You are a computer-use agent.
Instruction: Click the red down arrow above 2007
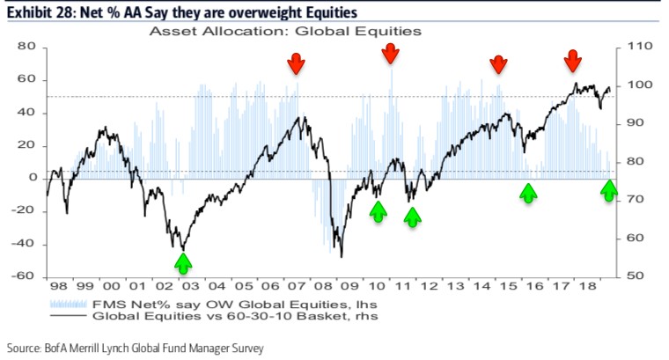tap(296, 62)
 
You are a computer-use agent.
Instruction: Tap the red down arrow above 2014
tap(498, 63)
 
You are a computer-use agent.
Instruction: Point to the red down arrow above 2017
tap(572, 61)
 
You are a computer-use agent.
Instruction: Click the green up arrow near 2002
tap(182, 261)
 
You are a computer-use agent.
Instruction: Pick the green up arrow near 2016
tap(527, 193)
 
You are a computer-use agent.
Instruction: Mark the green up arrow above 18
tap(609, 188)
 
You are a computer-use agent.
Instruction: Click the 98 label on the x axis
tap(58, 288)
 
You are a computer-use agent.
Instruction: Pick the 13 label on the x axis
tap(454, 288)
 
